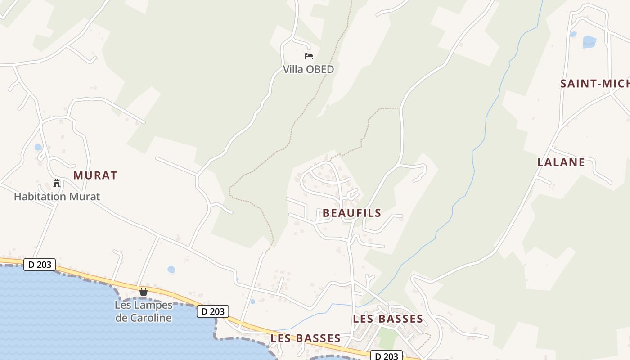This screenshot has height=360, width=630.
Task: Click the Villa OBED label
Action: click(x=308, y=69)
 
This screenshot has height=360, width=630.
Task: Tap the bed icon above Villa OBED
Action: click(x=309, y=56)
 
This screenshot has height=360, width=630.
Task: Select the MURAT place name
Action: click(x=95, y=175)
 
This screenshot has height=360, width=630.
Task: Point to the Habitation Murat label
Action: click(x=57, y=197)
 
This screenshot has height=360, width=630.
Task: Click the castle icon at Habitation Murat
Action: click(x=57, y=183)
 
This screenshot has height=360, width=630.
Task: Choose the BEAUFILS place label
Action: click(x=352, y=213)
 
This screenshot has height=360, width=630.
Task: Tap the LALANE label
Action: click(x=561, y=162)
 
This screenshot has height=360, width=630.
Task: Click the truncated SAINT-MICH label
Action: click(x=594, y=84)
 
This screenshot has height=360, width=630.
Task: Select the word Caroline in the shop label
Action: click(x=144, y=318)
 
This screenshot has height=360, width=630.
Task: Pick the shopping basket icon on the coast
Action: click(x=144, y=292)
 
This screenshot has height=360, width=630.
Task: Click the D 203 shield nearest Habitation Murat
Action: click(x=40, y=265)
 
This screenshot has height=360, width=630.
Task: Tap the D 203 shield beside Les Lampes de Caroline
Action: click(x=213, y=311)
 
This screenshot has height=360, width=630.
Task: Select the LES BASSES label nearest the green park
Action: click(x=388, y=319)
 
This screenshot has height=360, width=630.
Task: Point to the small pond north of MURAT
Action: click(x=38, y=147)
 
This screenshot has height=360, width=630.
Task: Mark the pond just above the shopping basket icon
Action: click(x=171, y=270)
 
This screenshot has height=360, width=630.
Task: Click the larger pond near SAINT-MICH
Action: click(x=589, y=42)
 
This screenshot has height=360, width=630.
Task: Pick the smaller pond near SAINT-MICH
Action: click(x=573, y=34)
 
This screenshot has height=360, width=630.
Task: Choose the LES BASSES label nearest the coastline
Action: click(x=306, y=338)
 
